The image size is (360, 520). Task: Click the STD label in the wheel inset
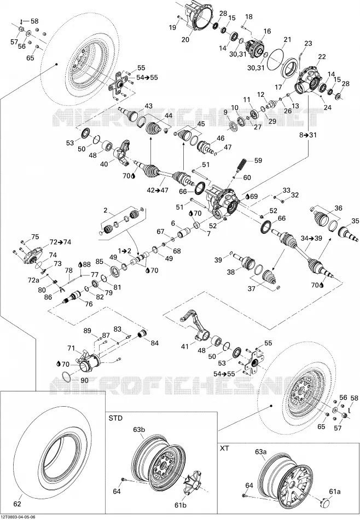point(115,418)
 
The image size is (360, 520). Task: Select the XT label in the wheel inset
point(224,448)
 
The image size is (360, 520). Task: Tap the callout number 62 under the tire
point(18,504)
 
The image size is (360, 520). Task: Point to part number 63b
point(139,430)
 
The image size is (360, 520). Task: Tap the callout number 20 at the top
point(185,39)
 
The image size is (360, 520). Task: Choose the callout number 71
point(71,348)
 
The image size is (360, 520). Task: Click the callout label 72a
point(33,280)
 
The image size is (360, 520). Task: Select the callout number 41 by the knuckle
point(184,346)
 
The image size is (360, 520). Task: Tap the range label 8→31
point(308,135)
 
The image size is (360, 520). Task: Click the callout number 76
point(89,304)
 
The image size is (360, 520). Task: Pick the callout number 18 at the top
point(248,16)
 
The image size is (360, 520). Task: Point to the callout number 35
point(355,221)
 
